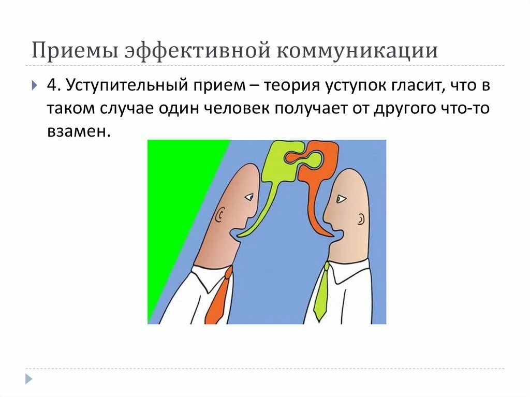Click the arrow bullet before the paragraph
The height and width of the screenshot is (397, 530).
click(34, 85)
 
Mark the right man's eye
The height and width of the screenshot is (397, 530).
click(340, 198)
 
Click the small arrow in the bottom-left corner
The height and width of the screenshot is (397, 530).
click(28, 379)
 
